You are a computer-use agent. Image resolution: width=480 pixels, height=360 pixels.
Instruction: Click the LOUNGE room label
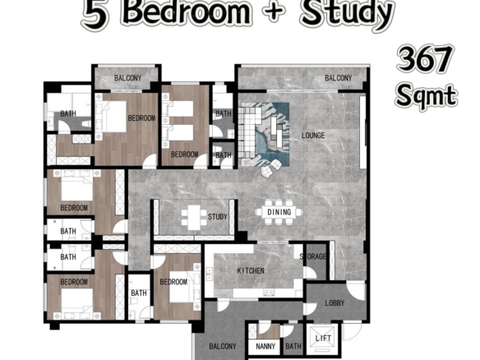pyautogui.click(x=313, y=136)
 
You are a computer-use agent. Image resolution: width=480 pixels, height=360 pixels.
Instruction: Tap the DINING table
pyautogui.click(x=279, y=212)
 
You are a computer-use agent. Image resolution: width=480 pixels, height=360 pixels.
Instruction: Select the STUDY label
pyautogui.click(x=217, y=217)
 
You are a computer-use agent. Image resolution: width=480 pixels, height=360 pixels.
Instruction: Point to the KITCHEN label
pyautogui.click(x=251, y=270)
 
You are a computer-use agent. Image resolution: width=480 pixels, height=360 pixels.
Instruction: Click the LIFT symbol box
pyautogui.click(x=323, y=339)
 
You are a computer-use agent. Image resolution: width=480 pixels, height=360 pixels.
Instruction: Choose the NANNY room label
pyautogui.click(x=265, y=347)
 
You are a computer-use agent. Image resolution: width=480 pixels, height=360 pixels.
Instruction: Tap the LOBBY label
pyautogui.click(x=335, y=303)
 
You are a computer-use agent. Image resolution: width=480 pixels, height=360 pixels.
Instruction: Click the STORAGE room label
pyautogui.click(x=313, y=256)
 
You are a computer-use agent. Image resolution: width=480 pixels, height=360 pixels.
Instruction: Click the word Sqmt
pyautogui.click(x=426, y=95)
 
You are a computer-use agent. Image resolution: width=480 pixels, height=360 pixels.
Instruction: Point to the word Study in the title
pyautogui.click(x=346, y=12)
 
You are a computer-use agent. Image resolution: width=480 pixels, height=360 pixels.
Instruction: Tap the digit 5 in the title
pyautogui.click(x=95, y=13)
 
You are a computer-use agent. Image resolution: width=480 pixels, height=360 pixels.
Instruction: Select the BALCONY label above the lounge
pyautogui.click(x=339, y=78)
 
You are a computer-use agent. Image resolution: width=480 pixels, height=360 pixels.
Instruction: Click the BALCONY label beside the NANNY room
pyautogui.click(x=223, y=347)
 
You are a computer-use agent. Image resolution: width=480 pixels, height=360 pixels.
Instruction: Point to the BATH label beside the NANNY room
pyautogui.click(x=293, y=346)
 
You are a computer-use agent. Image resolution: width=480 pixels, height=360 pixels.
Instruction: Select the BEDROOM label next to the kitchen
pyautogui.click(x=173, y=282)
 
